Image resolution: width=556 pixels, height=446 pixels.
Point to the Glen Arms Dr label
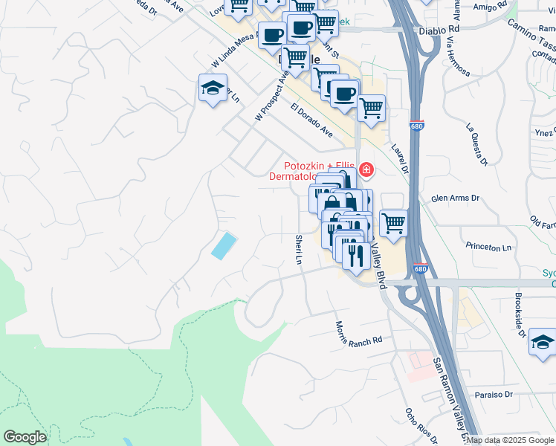click(456, 198)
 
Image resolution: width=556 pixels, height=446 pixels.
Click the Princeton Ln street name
click(488, 247)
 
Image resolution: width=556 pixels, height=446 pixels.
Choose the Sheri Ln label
click(299, 249)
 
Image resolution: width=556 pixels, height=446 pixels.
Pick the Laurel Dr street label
click(400, 157)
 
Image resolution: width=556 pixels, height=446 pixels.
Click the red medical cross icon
click(365, 170)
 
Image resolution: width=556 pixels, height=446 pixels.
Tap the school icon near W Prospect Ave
click(213, 89)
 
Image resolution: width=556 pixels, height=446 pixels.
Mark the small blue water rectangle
click(224, 245)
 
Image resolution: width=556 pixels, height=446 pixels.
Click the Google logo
click(25, 437)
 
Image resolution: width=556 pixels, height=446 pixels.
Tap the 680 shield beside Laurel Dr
click(417, 126)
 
